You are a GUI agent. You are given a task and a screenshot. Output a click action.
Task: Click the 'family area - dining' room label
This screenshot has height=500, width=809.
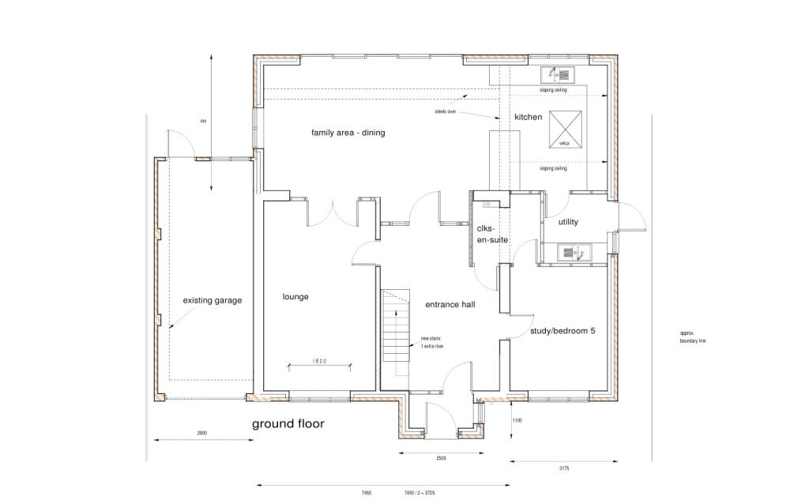click(x=348, y=133)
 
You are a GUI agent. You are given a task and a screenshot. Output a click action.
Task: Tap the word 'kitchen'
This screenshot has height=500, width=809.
click(x=529, y=117)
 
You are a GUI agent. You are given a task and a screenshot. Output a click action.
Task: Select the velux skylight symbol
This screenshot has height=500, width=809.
click(x=564, y=129)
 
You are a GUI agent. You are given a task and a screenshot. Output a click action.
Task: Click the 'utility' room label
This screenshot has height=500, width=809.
click(x=568, y=222)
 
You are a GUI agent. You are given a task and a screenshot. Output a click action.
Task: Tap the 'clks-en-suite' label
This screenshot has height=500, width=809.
click(x=491, y=233)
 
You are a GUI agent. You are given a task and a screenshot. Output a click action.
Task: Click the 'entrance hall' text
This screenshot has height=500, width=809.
click(x=450, y=304)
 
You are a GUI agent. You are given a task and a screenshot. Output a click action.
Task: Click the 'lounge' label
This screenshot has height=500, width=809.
click(x=295, y=297)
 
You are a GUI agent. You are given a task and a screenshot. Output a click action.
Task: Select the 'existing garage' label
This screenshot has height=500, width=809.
click(x=213, y=300)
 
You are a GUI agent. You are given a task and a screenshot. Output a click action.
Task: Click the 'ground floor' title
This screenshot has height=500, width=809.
click(x=288, y=424)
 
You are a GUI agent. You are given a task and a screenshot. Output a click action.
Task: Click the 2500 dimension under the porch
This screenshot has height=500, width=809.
click(x=441, y=458)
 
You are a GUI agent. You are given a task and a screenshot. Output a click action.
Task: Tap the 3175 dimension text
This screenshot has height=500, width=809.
click(x=563, y=468)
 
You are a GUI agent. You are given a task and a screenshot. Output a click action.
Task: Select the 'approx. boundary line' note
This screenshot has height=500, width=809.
click(x=690, y=337)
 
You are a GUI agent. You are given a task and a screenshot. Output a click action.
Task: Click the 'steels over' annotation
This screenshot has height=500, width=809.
click(x=446, y=112)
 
